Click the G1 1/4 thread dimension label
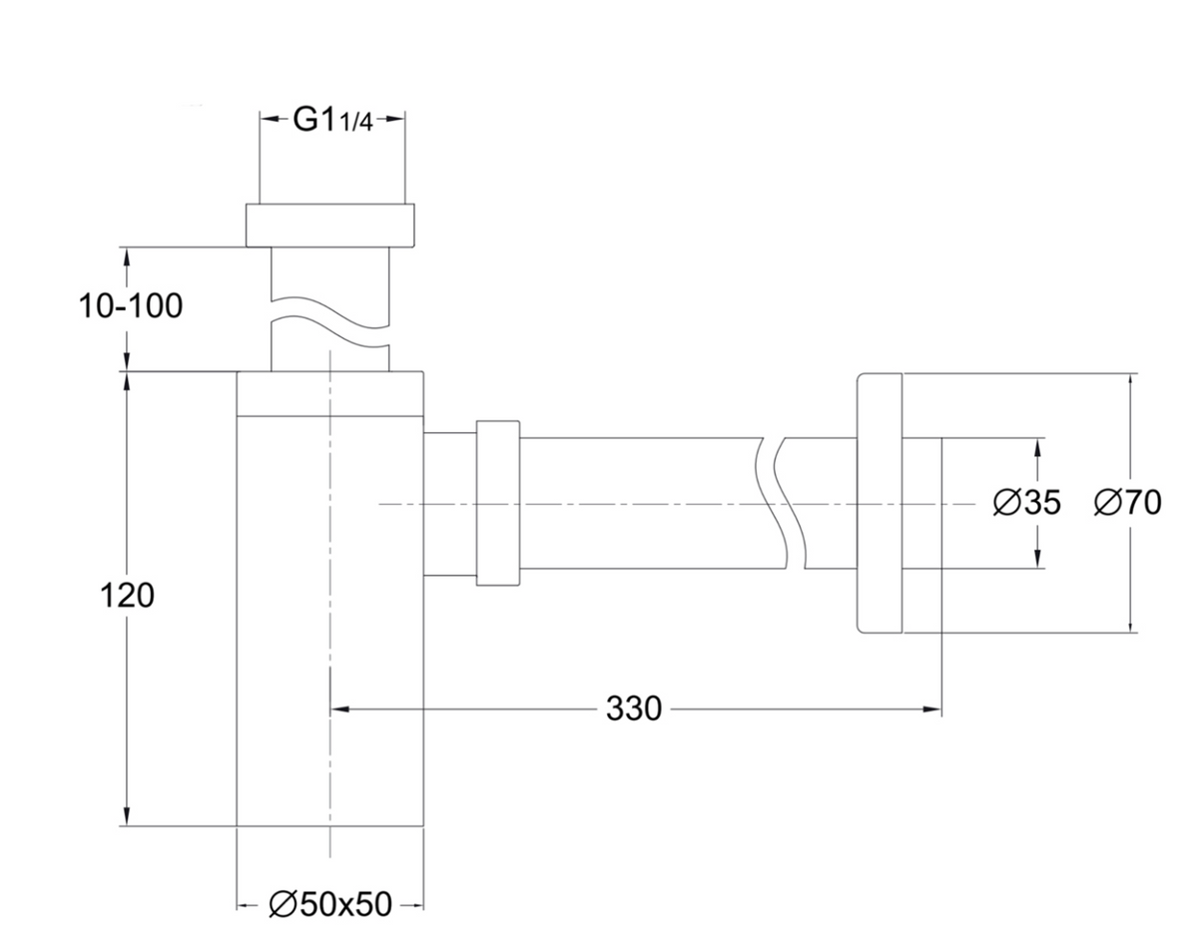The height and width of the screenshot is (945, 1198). point(332,119)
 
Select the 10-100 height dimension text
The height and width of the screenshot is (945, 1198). point(131,306)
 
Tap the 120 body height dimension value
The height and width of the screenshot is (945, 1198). point(128,596)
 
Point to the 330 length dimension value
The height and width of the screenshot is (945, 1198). point(634,709)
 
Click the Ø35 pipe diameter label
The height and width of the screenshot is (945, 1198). point(1027,503)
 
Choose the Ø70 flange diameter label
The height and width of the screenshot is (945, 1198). point(1128,503)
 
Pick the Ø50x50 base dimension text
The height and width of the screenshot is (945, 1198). point(330,904)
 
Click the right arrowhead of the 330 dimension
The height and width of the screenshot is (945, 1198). point(934,709)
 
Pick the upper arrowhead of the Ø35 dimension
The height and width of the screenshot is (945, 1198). point(1039,447)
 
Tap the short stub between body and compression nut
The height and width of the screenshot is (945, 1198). point(449,503)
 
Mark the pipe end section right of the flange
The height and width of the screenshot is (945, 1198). point(921,503)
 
